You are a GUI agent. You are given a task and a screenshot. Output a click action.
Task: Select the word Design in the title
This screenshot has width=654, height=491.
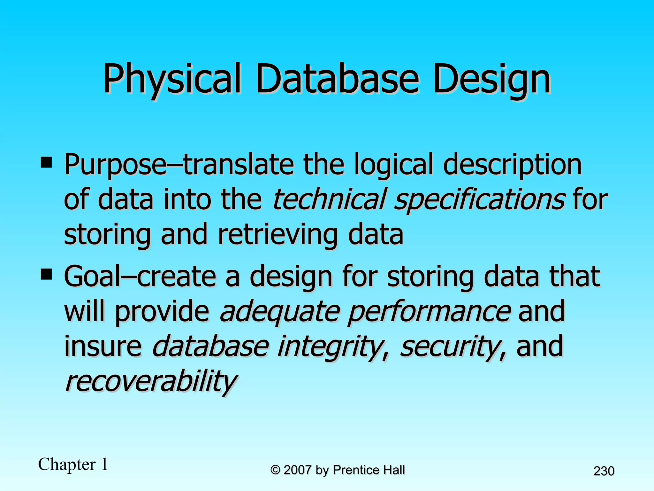[492, 79]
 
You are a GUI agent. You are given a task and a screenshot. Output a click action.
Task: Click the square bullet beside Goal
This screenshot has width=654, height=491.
[46, 274]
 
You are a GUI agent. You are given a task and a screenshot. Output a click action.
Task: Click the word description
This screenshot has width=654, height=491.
[513, 166]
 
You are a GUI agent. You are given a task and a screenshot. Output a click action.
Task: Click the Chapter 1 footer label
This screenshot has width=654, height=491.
[73, 464]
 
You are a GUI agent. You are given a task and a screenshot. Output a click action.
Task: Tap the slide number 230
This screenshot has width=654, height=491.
[604, 471]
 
